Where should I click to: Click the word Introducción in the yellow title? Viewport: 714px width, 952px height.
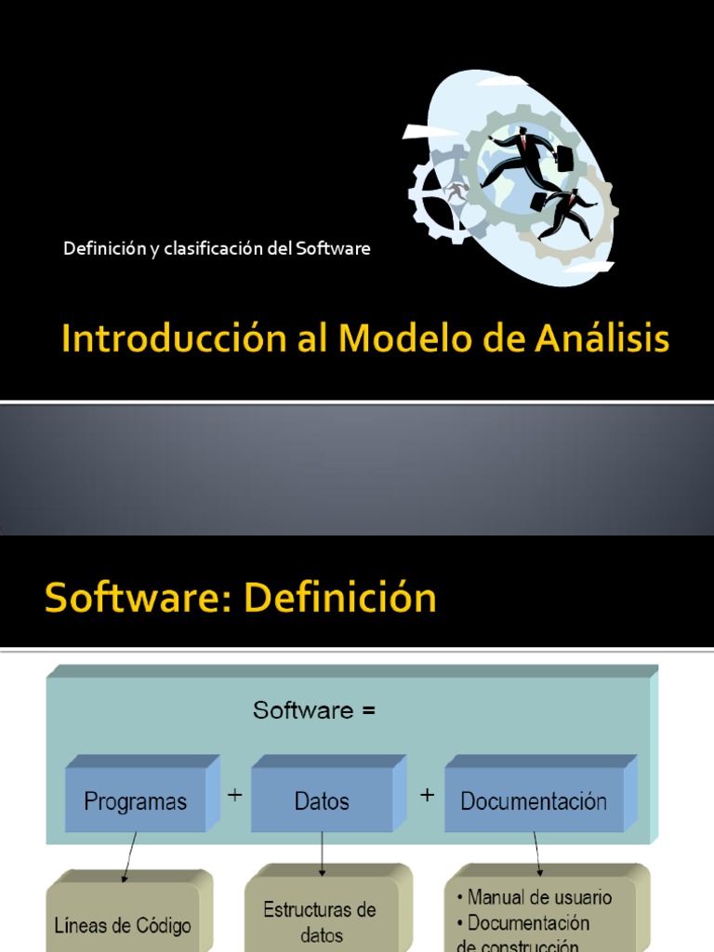pyautogui.click(x=174, y=337)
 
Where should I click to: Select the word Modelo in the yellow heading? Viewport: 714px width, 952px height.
pyautogui.click(x=406, y=337)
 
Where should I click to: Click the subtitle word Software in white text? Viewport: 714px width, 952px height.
pyautogui.click(x=333, y=248)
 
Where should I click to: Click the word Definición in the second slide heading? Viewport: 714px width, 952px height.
pyautogui.click(x=340, y=598)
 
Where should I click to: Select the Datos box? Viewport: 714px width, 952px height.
pyautogui.click(x=328, y=794)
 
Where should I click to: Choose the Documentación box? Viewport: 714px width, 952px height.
pyautogui.click(x=540, y=794)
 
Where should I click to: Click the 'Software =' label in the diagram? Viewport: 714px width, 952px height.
pyautogui.click(x=314, y=709)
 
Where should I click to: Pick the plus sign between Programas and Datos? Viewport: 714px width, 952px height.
pyautogui.click(x=235, y=795)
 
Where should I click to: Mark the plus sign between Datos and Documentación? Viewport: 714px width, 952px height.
pyautogui.click(x=427, y=795)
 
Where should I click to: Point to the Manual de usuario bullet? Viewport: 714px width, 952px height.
pyautogui.click(x=535, y=897)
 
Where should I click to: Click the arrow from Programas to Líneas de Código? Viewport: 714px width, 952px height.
pyautogui.click(x=129, y=856)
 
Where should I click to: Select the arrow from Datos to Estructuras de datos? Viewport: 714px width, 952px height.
pyautogui.click(x=322, y=853)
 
